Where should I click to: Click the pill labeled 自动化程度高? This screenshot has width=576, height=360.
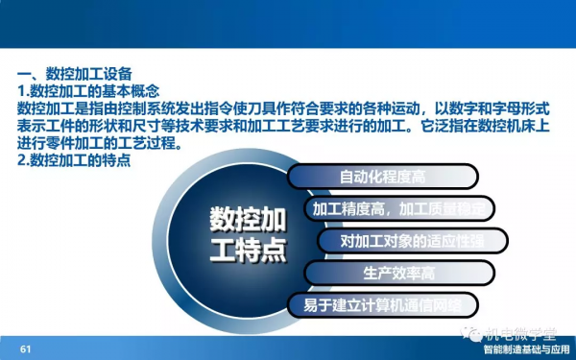[x=383, y=176]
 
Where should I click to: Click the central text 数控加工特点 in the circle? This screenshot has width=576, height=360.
[x=248, y=235]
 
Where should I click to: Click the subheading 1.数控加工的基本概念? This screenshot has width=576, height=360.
[x=89, y=91]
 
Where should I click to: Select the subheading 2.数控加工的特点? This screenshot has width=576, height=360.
[x=74, y=160]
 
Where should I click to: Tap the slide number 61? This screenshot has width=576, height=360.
[x=26, y=348]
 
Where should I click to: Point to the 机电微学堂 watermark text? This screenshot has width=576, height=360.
[x=518, y=334]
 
